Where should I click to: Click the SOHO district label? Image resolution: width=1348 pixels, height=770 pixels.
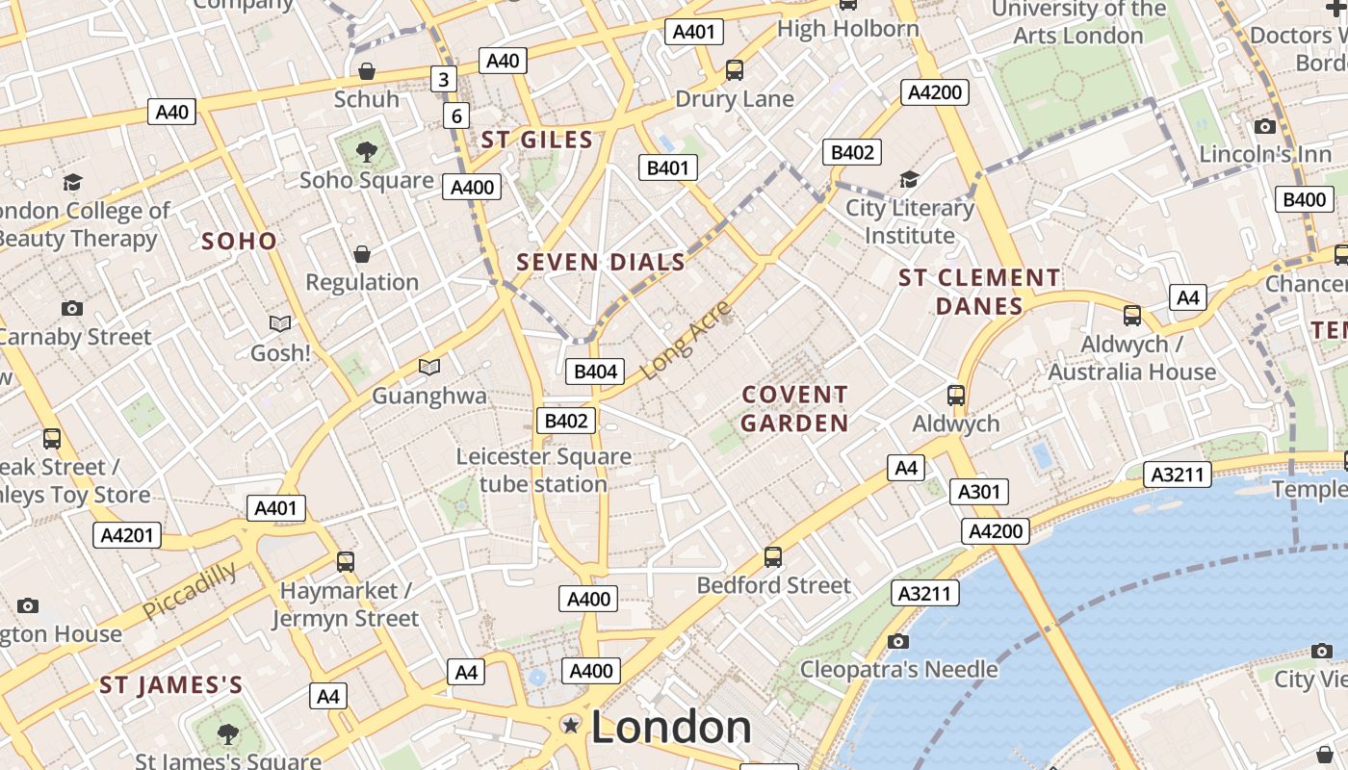pyautogui.click(x=239, y=241)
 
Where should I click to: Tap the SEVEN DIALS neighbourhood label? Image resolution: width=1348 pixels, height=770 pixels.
pyautogui.click(x=601, y=262)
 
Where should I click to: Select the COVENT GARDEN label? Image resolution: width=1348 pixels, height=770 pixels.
pyautogui.click(x=795, y=409)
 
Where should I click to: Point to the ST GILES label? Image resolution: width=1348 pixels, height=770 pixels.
pyautogui.click(x=537, y=140)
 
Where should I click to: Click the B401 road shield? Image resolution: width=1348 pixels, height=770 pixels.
pyautogui.click(x=667, y=167)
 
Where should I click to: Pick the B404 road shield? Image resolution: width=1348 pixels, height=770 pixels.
pyautogui.click(x=595, y=372)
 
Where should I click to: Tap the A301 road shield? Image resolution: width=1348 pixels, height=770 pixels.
pyautogui.click(x=979, y=492)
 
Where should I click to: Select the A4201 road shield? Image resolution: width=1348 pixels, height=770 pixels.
pyautogui.click(x=127, y=534)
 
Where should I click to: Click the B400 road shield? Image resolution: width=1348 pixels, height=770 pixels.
pyautogui.click(x=1305, y=199)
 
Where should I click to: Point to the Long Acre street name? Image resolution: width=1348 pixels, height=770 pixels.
pyautogui.click(x=686, y=340)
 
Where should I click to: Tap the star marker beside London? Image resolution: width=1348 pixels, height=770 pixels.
pyautogui.click(x=572, y=725)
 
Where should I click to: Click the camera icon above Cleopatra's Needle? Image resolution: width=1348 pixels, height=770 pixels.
pyautogui.click(x=897, y=641)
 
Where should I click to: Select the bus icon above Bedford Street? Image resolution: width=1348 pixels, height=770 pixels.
pyautogui.click(x=773, y=556)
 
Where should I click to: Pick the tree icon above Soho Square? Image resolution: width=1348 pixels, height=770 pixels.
pyautogui.click(x=365, y=151)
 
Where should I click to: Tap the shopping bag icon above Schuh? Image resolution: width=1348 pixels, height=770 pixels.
pyautogui.click(x=366, y=71)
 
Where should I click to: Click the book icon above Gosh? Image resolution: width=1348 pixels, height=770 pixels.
pyautogui.click(x=280, y=324)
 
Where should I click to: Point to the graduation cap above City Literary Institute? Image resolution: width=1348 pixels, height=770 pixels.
pyautogui.click(x=909, y=179)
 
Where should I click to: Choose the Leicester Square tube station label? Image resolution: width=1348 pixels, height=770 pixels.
pyautogui.click(x=544, y=470)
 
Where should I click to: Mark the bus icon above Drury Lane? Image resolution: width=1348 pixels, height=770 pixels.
pyautogui.click(x=735, y=69)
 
